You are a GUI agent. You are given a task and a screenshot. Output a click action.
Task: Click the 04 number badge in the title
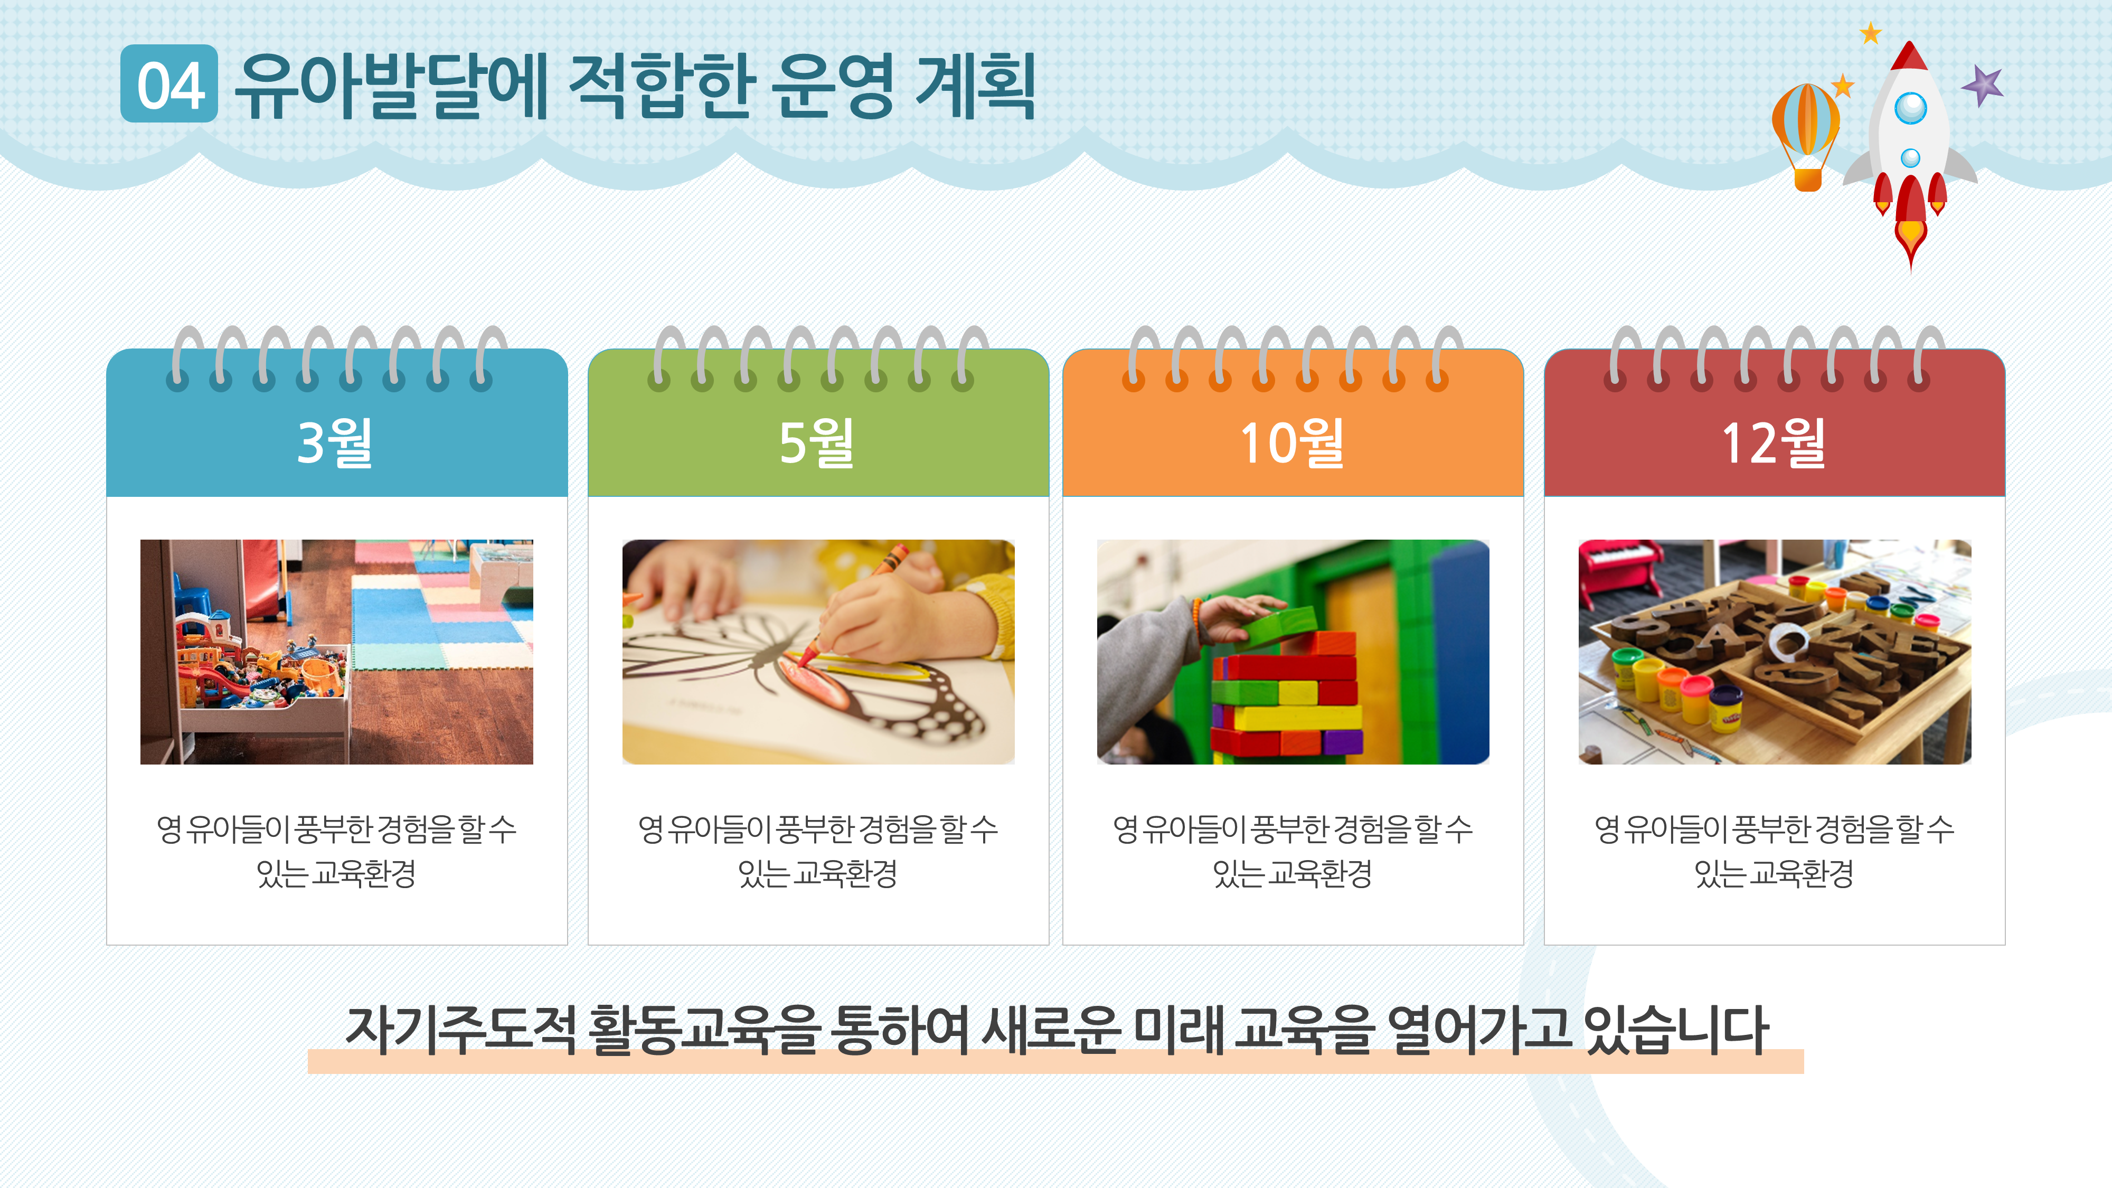click(169, 84)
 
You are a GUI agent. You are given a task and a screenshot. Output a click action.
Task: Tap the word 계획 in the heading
click(975, 86)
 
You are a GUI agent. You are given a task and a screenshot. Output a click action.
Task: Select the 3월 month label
click(335, 443)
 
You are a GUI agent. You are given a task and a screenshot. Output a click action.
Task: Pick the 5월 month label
click(817, 443)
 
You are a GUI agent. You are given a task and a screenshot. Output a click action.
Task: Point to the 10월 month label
click(1292, 443)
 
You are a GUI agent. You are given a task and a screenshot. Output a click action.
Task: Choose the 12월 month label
click(1774, 443)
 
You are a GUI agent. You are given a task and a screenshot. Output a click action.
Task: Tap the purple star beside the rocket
click(1983, 84)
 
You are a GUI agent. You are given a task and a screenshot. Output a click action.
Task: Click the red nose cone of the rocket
click(1909, 58)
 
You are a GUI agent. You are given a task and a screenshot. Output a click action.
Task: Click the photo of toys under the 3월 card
click(336, 652)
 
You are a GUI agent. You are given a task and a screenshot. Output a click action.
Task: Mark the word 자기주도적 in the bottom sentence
click(461, 1029)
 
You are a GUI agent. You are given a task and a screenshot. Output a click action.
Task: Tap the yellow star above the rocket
click(1870, 33)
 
